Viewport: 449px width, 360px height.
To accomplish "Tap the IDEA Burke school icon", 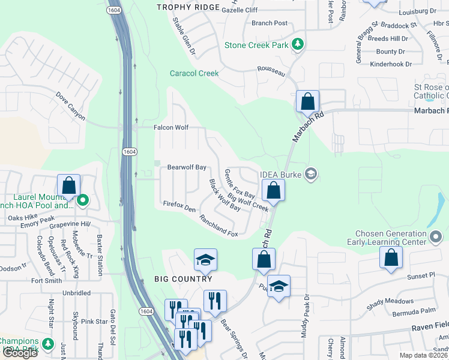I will pos(310,175).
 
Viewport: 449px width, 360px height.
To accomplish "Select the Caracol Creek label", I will pos(194,73).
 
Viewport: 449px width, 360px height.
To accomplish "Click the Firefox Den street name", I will pos(179,205).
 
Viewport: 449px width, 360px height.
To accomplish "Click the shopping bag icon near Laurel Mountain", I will pos(69,185).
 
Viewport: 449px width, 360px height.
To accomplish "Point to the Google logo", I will pos(20,353).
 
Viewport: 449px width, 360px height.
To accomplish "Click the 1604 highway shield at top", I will pos(114,10).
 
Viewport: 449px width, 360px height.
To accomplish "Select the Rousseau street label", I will pos(271,71).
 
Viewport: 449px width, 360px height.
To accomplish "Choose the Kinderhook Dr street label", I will pos(391,64).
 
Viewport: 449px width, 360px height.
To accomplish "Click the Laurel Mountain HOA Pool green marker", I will pos(83,200).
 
